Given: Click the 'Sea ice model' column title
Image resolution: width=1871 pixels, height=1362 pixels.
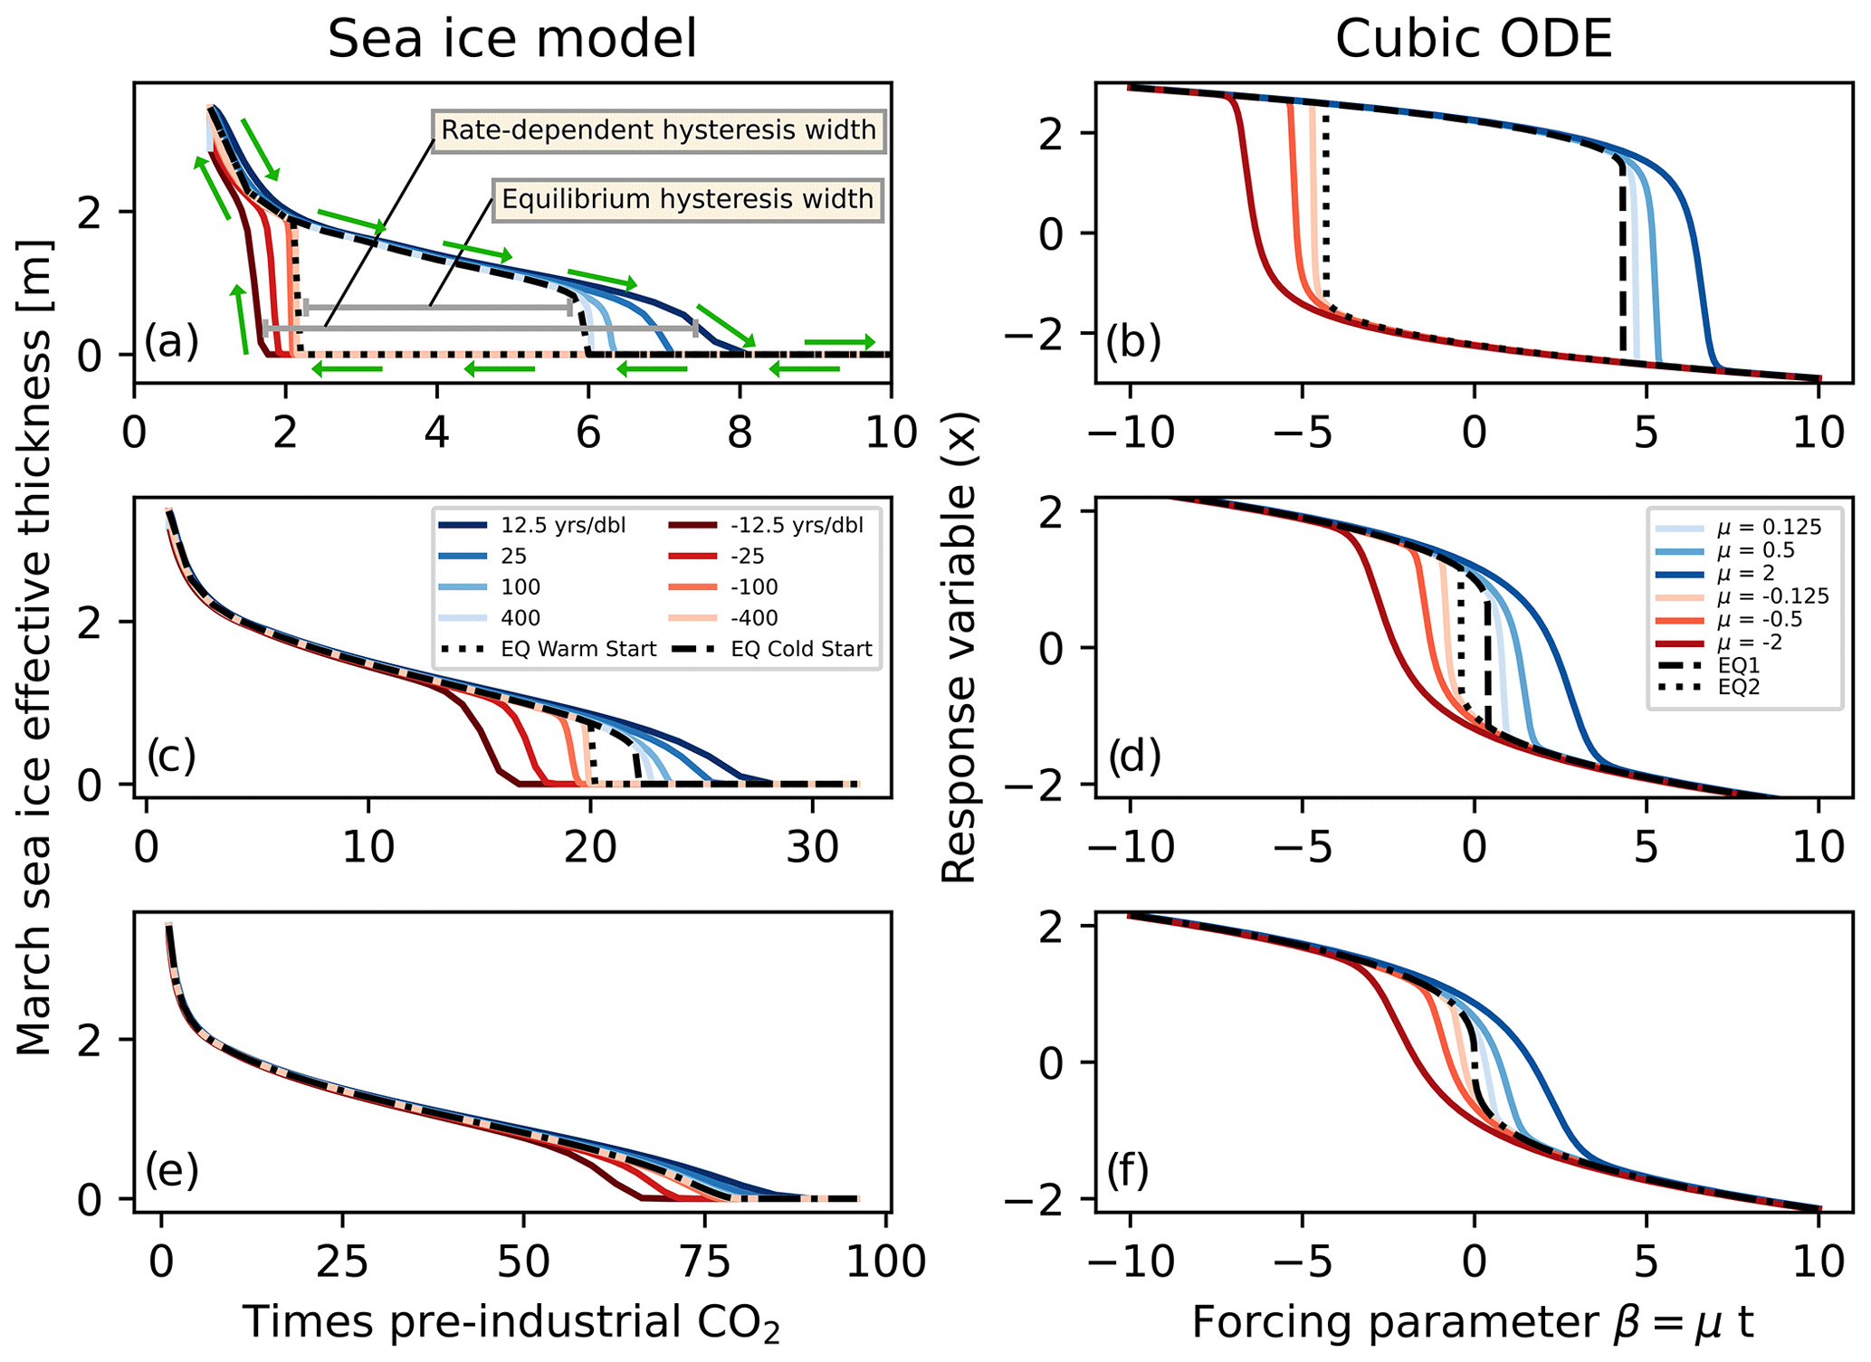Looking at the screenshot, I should [x=512, y=40].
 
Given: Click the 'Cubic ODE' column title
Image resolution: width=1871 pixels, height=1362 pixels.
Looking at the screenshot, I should [x=1474, y=40].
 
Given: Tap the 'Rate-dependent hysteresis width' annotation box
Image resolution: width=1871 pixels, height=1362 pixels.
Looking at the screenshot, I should [x=658, y=130].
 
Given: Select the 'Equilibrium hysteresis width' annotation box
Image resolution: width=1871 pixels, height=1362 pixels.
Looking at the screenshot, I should [x=687, y=199].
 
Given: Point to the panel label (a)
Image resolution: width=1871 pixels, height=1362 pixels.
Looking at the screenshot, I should [x=171, y=342].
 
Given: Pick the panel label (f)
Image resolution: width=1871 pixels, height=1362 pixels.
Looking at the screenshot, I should [x=1127, y=1169].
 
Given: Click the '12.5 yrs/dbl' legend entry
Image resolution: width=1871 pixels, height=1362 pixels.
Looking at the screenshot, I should [x=562, y=526].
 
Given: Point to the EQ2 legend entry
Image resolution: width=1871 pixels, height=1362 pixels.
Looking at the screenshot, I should [x=1738, y=687].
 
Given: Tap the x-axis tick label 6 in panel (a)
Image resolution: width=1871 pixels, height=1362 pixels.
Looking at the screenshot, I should [x=588, y=433].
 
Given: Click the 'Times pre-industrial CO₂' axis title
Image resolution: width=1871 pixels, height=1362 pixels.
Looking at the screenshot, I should [x=511, y=1322].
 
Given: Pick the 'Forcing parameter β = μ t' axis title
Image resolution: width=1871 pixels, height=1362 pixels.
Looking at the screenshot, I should [x=1473, y=1322].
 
